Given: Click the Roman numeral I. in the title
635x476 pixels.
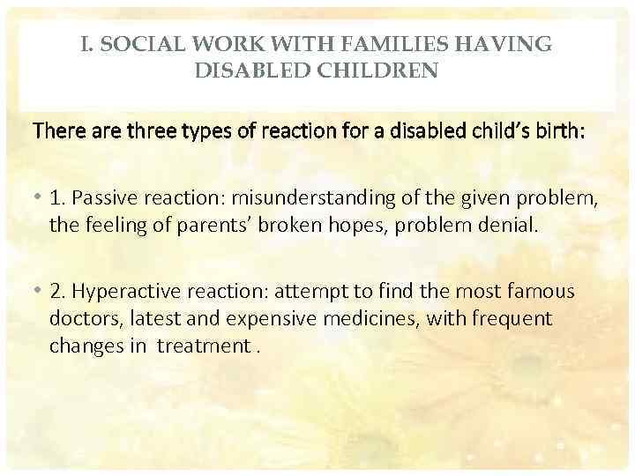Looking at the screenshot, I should tap(87, 43).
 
